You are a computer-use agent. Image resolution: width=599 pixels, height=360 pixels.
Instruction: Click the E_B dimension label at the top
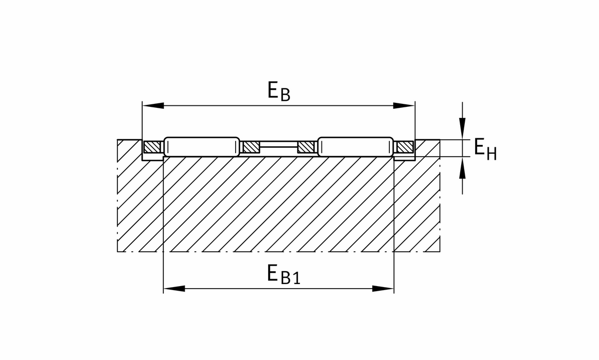[x=279, y=91]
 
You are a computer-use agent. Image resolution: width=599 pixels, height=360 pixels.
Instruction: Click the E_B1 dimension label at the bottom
[x=283, y=275]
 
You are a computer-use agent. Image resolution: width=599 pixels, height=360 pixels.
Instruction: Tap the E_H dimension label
[x=485, y=149]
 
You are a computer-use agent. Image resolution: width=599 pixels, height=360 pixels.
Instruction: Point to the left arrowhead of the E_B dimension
[x=153, y=105]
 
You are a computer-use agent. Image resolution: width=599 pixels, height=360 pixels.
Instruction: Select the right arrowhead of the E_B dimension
[x=404, y=105]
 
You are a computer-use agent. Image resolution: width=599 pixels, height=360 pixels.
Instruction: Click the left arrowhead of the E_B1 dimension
[x=174, y=289]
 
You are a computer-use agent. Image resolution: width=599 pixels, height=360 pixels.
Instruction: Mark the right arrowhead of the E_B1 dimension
[x=383, y=289]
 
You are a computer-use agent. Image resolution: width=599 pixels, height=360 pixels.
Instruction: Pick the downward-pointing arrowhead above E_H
[x=463, y=129]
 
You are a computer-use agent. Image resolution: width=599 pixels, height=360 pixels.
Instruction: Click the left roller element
[x=202, y=147]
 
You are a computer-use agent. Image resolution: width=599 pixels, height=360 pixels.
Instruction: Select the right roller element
[x=355, y=147]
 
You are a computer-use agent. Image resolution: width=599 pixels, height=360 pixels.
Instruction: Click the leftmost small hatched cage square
[x=151, y=147]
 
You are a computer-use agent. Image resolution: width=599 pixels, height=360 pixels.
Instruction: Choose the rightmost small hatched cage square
[x=405, y=147]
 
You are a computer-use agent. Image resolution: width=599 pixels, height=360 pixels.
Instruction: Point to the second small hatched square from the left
[x=252, y=147]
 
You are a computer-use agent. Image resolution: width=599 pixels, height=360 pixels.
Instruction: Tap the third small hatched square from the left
[x=305, y=147]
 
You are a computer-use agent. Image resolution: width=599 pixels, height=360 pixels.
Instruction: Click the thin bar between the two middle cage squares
[x=279, y=145]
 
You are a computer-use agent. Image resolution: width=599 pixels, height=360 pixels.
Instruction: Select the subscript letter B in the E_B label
[x=285, y=95]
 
